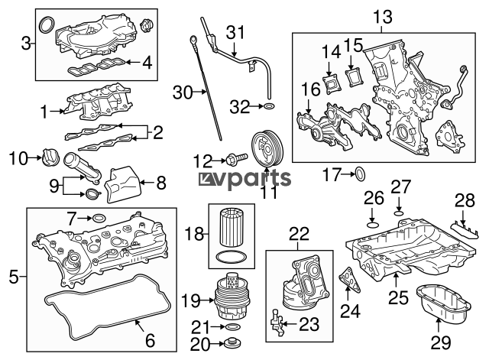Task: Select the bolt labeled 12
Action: point(232,160)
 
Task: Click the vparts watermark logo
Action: point(245,179)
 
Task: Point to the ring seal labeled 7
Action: point(99,220)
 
